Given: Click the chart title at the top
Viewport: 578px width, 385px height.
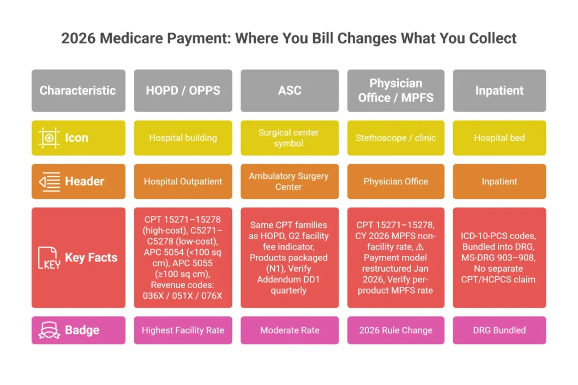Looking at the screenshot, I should [288, 38].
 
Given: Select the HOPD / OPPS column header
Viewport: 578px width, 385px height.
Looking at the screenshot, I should [183, 90].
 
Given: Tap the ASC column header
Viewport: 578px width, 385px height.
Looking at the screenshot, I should [290, 90].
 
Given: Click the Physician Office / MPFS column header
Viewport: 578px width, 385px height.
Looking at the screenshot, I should [396, 90].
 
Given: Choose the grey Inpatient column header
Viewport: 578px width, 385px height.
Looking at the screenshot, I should [499, 90].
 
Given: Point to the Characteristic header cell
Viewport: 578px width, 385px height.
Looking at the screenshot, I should [78, 90].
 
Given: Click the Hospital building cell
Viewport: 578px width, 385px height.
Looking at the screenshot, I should [183, 138].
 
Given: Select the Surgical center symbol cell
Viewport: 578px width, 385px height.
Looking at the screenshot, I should [290, 138].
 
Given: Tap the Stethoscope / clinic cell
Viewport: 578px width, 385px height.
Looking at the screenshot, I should [396, 138].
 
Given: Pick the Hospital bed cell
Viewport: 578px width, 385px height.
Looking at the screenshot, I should [499, 138].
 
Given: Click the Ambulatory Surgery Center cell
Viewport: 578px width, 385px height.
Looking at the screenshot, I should [290, 182].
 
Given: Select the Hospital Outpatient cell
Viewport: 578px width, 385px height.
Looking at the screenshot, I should [183, 182].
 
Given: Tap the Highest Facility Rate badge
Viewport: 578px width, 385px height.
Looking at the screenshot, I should [183, 330].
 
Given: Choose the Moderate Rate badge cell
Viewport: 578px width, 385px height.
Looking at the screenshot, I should [290, 330].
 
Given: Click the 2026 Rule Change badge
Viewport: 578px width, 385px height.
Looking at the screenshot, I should [396, 330].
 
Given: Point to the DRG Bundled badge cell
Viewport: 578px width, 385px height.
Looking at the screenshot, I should [499, 330].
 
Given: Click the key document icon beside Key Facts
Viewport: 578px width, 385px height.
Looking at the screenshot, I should [49, 258].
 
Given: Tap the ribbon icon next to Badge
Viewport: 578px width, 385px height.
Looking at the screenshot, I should [49, 330].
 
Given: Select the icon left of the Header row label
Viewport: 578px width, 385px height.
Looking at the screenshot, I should [49, 182].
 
